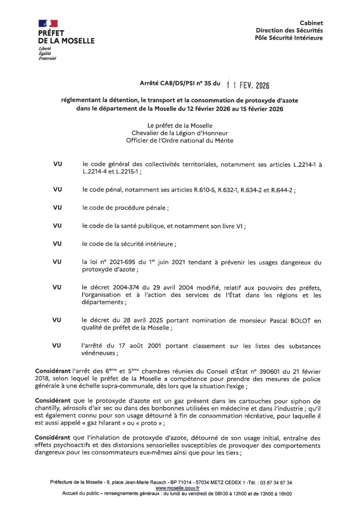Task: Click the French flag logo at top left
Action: click(x=48, y=23)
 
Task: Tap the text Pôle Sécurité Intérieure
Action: click(x=288, y=37)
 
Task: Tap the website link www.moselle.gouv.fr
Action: click(x=173, y=488)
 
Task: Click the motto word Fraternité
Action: click(x=47, y=59)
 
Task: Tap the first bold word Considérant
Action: click(x=54, y=371)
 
